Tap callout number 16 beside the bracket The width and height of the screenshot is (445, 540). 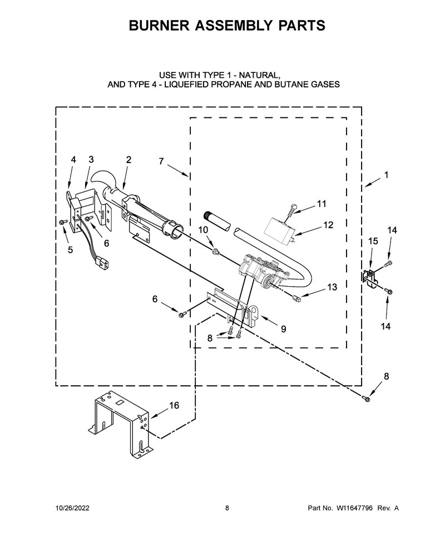click(x=174, y=405)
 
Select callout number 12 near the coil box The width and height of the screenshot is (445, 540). click(x=328, y=225)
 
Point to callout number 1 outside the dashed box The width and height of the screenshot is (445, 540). click(x=386, y=175)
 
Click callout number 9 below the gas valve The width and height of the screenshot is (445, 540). click(x=283, y=329)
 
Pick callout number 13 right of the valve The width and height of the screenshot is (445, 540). click(x=332, y=287)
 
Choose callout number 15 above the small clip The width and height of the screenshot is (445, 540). click(x=373, y=241)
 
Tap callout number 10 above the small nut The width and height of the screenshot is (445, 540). click(x=204, y=230)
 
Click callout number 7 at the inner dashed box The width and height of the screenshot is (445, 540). click(x=161, y=161)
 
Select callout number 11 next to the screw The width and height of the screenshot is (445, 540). click(x=322, y=204)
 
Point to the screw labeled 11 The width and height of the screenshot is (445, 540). click(x=290, y=209)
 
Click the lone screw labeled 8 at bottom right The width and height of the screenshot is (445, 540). click(x=366, y=399)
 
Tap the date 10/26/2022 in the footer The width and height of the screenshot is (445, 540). click(x=72, y=508)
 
